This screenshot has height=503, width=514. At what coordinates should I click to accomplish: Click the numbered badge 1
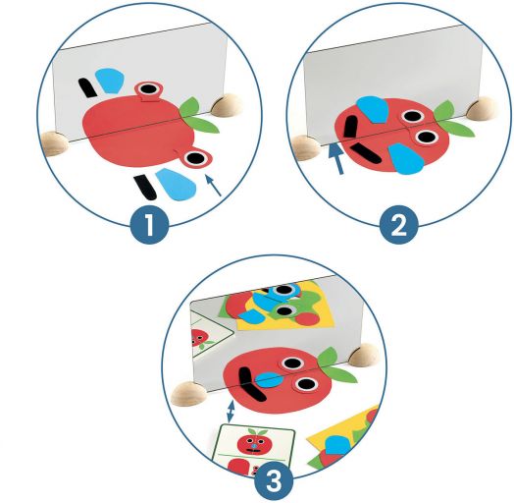click(149, 225)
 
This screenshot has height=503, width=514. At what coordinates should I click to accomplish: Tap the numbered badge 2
click(399, 225)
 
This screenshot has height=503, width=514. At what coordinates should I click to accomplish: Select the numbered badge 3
click(274, 482)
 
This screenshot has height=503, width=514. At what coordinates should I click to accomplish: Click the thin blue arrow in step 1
click(214, 186)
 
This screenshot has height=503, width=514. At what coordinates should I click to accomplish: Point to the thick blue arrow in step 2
click(337, 159)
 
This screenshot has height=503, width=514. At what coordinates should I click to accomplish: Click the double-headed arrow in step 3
click(231, 411)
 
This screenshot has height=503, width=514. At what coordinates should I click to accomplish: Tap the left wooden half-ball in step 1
click(54, 143)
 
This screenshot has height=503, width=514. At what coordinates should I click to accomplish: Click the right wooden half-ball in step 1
click(228, 105)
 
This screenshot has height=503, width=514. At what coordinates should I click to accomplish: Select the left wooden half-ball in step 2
click(306, 147)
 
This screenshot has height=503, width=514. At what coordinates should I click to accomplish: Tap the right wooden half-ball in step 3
click(364, 355)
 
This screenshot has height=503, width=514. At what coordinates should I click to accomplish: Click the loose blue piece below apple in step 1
click(176, 184)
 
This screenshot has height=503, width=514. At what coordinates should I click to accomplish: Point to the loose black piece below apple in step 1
click(145, 187)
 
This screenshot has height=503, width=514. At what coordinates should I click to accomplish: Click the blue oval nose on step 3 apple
click(269, 380)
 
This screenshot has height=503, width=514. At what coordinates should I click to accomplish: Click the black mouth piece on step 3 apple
click(250, 384)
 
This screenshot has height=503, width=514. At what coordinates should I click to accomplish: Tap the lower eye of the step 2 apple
click(426, 137)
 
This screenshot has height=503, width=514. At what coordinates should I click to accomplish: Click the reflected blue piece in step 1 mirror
click(110, 81)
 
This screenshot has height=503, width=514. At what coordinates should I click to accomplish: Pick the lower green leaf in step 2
click(458, 128)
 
